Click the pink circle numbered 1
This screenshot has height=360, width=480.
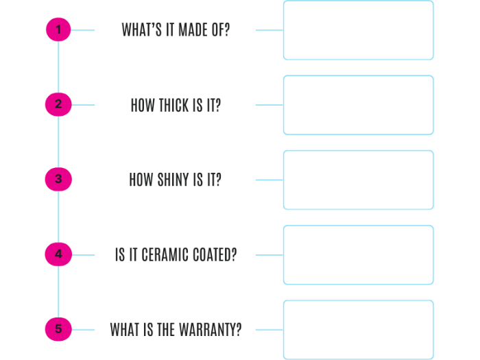58,30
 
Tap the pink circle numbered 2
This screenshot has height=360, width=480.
58,105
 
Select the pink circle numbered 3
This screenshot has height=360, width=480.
58,180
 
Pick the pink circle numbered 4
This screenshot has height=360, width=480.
58,254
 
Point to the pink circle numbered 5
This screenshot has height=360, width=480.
58,329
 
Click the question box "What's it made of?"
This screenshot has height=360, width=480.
175,30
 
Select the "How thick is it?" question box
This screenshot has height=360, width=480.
175,105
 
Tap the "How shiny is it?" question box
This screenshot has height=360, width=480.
175,180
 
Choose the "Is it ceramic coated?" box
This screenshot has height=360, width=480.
175,255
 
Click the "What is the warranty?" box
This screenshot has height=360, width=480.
175,330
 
